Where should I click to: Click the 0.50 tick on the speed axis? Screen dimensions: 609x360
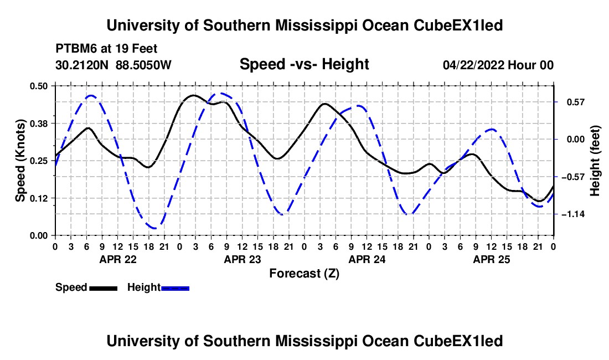pyautogui.click(x=38, y=86)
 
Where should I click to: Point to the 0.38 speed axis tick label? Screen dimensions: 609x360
pyautogui.click(x=38, y=124)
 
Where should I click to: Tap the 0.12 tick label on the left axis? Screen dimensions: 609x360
pyautogui.click(x=38, y=198)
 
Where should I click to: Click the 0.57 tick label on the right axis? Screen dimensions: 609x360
pyautogui.click(x=576, y=102)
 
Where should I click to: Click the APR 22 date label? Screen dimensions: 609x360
pyautogui.click(x=118, y=259)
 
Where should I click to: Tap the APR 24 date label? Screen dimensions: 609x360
pyautogui.click(x=367, y=259)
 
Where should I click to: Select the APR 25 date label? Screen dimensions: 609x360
pyautogui.click(x=491, y=259)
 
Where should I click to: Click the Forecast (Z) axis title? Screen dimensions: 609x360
pyautogui.click(x=304, y=274)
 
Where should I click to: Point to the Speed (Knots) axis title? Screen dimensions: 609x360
pyautogui.click(x=20, y=161)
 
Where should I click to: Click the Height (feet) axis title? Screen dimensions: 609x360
pyautogui.click(x=595, y=161)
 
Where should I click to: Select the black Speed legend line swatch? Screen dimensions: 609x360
pyautogui.click(x=104, y=288)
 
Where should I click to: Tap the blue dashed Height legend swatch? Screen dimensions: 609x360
pyautogui.click(x=175, y=288)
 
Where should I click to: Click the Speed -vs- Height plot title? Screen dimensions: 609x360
pyautogui.click(x=304, y=64)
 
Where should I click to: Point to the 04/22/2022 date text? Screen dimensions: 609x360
pyautogui.click(x=474, y=65)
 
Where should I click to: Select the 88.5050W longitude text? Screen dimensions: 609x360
pyautogui.click(x=143, y=65)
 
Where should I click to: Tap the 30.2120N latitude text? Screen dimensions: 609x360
pyautogui.click(x=82, y=65)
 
